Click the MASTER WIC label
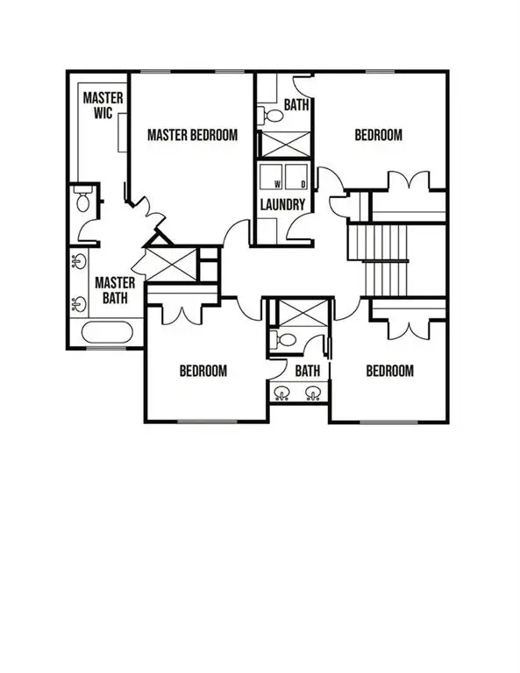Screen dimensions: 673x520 coord(103,106)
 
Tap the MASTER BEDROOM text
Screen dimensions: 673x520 coord(192,135)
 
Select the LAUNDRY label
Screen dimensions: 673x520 coord(282,205)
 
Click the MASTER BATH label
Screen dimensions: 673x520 coord(115,290)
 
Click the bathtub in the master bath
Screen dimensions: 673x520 coord(107,334)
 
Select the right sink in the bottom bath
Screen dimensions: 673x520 coord(312,392)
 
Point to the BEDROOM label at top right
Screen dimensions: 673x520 coord(378,135)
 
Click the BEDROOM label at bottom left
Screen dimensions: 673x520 coord(203,371)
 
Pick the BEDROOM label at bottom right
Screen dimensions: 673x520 coord(389,371)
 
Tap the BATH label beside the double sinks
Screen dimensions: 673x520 coord(307,371)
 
